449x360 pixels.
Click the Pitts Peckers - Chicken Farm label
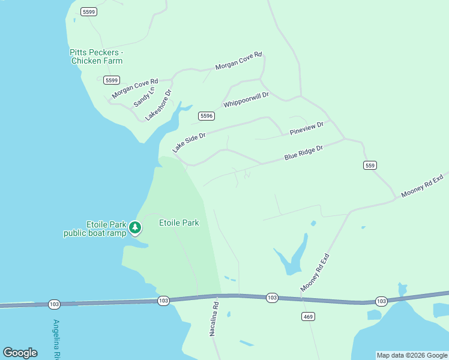point(96,56)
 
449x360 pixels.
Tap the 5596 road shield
point(206,116)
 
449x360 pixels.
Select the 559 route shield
point(370,165)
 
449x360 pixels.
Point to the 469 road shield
point(308,316)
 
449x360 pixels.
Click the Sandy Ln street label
point(144,96)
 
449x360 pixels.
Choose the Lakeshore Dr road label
point(158,105)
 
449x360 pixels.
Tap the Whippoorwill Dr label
point(246,100)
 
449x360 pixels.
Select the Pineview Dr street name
point(307,128)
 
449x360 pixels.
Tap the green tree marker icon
point(136,227)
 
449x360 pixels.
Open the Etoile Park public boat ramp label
point(95,229)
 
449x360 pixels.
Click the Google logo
point(20,353)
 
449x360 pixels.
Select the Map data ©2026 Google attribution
point(412,355)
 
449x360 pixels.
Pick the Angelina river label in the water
point(57,339)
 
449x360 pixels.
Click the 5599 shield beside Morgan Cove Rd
point(112,80)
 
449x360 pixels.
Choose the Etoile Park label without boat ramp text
point(179,223)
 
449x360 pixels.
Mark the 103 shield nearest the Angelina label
point(54,304)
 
